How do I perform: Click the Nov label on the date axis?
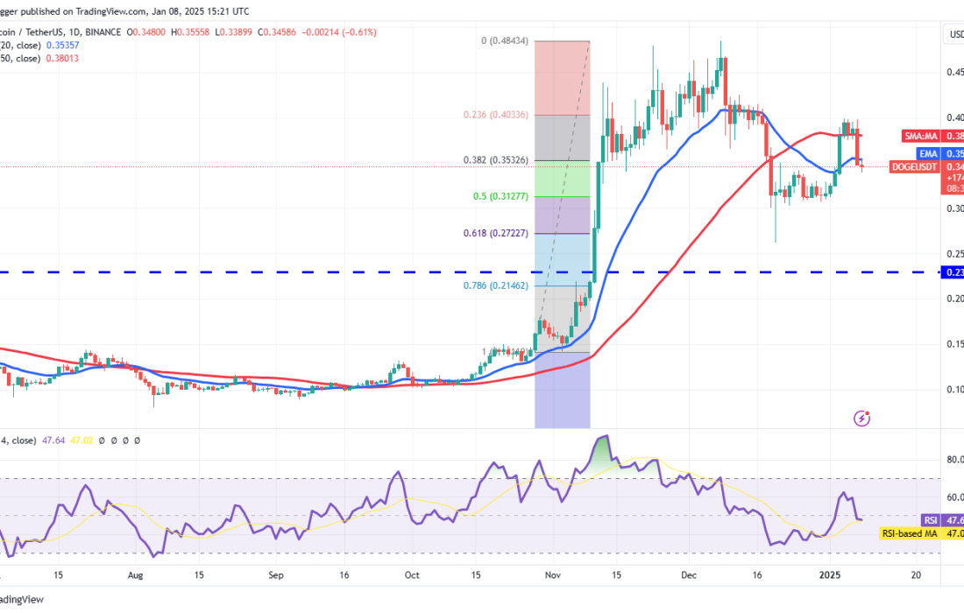(x=552, y=575)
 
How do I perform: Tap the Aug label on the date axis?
(x=134, y=575)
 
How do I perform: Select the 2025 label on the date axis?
(x=830, y=575)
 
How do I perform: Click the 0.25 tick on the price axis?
(x=953, y=254)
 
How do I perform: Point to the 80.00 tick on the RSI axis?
(x=953, y=458)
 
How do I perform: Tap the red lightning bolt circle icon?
(x=861, y=419)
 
